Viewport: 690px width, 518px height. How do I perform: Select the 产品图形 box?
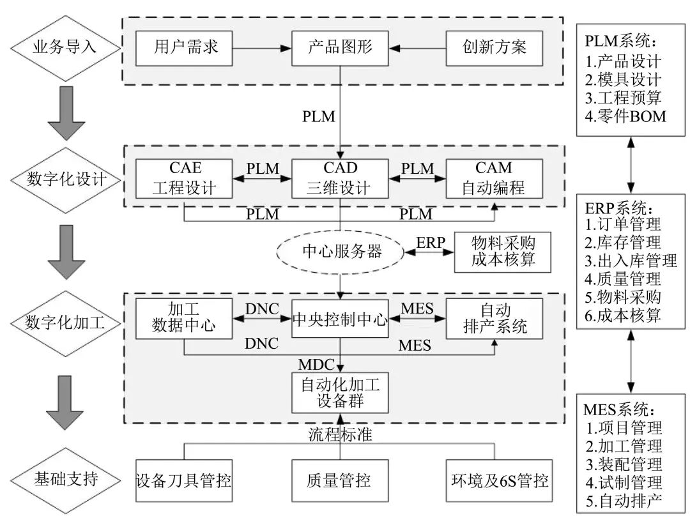tap(340, 47)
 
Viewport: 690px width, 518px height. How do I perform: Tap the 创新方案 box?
tap(494, 47)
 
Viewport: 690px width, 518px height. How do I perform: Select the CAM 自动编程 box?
tap(494, 179)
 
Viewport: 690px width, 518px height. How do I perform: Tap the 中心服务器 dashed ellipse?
tap(340, 251)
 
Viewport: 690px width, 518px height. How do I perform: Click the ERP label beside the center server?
tap(431, 243)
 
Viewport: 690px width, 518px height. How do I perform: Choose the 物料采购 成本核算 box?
tap(502, 251)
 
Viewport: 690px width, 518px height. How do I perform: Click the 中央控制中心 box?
tap(340, 319)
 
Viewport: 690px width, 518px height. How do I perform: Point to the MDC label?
tap(316, 365)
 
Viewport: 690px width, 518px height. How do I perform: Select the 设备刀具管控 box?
tap(183, 479)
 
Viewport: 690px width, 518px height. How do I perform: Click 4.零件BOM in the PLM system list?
tap(625, 116)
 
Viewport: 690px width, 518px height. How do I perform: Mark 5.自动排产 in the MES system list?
tap(624, 501)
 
